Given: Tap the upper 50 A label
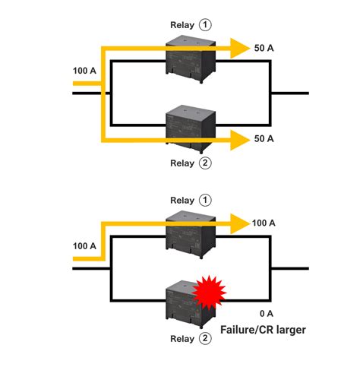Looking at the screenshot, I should coord(264,49).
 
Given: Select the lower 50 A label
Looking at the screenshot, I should coord(264,140).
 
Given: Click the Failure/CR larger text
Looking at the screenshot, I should coord(263,331).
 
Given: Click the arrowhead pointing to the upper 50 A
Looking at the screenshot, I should coord(241,49).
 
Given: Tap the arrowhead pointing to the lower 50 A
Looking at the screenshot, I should coord(241,139).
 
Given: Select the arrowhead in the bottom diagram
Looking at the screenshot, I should coord(241,223).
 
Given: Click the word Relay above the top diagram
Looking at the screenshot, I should coord(183,24).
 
